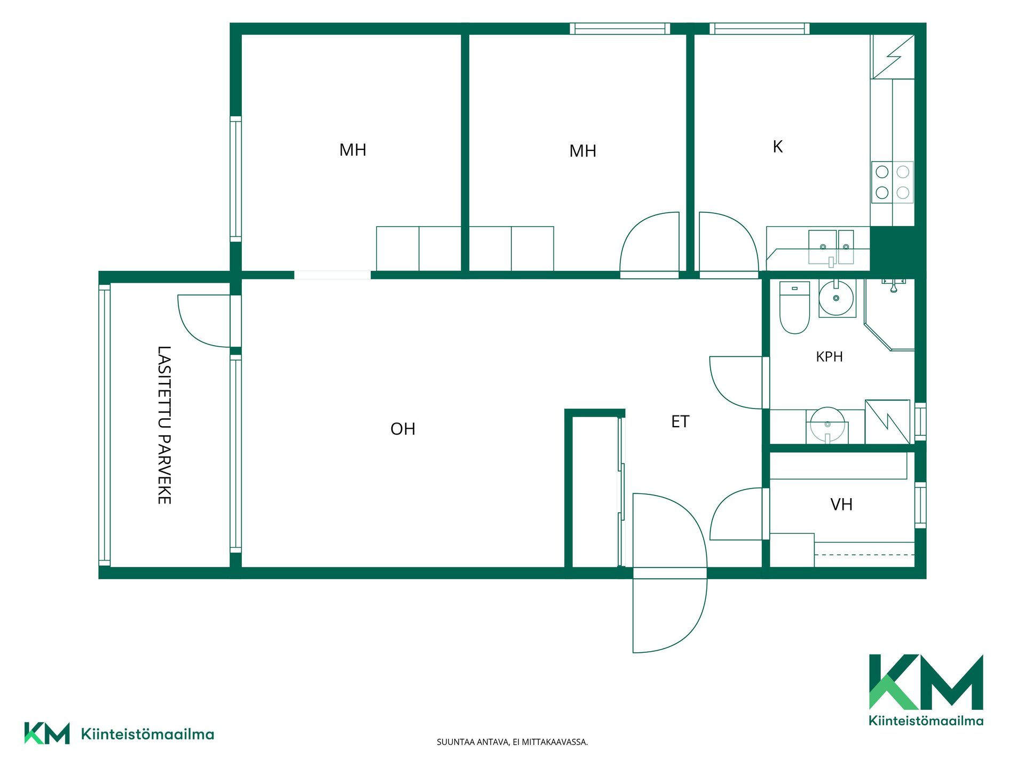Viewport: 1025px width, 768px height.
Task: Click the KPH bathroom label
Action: (829, 357)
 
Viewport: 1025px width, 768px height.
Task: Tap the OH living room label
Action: (403, 429)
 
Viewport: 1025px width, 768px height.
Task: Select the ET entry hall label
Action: (680, 422)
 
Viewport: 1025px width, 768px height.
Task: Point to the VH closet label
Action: (841, 505)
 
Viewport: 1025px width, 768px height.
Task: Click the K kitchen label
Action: (778, 147)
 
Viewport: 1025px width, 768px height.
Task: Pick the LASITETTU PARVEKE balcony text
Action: (164, 425)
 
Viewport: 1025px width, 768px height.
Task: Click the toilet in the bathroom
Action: (794, 308)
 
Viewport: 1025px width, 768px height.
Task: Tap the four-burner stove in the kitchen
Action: (892, 182)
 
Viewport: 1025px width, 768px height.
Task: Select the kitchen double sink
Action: (831, 247)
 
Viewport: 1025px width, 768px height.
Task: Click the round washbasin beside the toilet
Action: (837, 298)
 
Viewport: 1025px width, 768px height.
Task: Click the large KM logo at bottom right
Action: (926, 690)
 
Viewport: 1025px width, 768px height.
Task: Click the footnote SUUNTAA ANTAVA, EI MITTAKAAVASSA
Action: (512, 742)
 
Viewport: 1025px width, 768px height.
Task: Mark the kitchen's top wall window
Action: (760, 28)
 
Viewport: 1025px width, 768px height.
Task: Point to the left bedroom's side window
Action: (235, 179)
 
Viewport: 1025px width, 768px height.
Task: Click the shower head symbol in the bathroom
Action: (893, 285)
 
